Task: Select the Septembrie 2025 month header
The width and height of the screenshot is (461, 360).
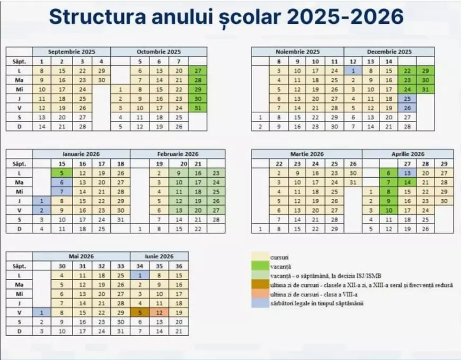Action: tap(72, 52)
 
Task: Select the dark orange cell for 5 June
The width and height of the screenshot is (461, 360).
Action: tap(140, 312)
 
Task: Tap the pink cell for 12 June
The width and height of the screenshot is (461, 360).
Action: tap(158, 312)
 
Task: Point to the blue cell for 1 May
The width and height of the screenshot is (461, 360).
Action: tap(42, 312)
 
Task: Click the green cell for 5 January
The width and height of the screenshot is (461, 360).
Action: tap(62, 173)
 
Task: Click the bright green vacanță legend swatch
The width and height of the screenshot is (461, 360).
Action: tap(259, 266)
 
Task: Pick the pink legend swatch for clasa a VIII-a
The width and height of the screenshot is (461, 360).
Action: tap(259, 294)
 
